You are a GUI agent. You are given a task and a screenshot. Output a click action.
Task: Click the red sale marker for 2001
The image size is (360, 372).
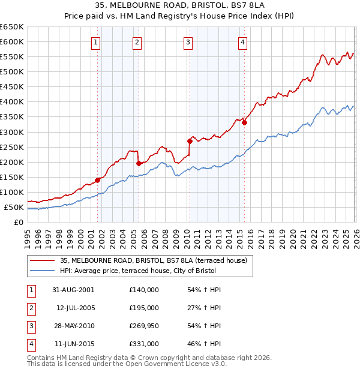(97, 179)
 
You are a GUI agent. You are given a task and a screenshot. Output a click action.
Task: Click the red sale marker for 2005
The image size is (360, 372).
(139, 163)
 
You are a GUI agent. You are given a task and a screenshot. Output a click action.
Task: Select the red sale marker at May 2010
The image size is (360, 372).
(190, 141)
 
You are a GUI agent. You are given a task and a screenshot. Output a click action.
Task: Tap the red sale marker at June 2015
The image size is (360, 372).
(244, 122)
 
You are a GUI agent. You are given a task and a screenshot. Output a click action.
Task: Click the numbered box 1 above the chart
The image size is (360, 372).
(96, 42)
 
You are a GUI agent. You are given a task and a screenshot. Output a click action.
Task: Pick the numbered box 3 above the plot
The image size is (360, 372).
(188, 42)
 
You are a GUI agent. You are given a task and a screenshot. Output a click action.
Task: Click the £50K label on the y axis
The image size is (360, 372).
(14, 208)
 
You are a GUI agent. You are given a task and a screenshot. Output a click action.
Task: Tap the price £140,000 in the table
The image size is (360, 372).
(144, 289)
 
